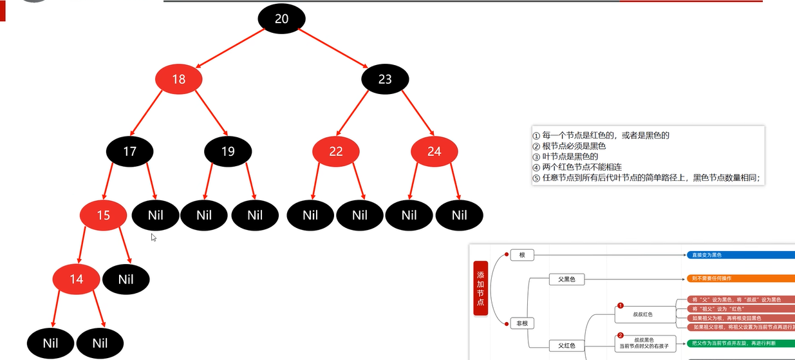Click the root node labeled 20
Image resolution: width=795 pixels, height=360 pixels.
[281, 19]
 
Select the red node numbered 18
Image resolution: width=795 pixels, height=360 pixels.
[179, 79]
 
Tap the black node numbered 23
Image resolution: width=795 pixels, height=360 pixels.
[385, 79]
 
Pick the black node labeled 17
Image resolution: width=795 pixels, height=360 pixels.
[130, 151]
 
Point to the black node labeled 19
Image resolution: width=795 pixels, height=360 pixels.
[228, 151]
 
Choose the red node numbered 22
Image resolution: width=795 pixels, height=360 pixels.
[335, 151]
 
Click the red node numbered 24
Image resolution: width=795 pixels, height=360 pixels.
[435, 151]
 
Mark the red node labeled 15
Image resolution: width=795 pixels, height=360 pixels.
[104, 215]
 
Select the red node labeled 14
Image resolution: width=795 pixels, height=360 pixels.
[77, 279]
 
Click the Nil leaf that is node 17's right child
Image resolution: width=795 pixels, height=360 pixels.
[156, 215]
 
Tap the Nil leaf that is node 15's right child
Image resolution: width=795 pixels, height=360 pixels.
[126, 279]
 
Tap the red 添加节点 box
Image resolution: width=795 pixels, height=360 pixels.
[481, 288]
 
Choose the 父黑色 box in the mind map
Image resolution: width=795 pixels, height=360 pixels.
[566, 279]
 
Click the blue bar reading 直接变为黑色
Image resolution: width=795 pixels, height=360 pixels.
[740, 255]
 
